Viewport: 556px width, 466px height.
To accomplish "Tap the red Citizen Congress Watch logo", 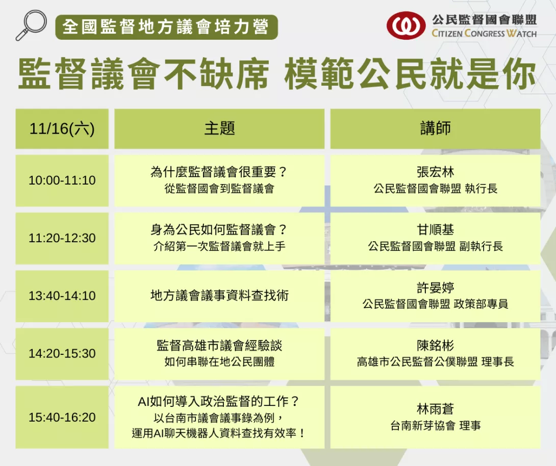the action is tap(406, 25).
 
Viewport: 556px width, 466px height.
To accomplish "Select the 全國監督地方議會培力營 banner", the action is tap(166, 27).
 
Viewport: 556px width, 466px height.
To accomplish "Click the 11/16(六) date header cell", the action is tap(62, 128).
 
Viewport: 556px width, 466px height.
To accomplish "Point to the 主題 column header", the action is tap(219, 128).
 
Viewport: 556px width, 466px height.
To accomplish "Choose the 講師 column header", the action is tap(436, 128).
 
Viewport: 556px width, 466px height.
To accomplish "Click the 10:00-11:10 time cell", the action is tap(62, 180).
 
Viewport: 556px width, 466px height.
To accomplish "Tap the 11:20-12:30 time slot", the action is tap(62, 238).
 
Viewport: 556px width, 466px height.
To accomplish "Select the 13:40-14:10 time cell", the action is tap(62, 296).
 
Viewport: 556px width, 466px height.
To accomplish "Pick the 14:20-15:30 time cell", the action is tap(62, 354).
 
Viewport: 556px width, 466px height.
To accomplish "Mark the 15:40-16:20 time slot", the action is tap(62, 418).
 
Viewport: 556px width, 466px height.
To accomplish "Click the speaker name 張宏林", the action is tap(436, 172).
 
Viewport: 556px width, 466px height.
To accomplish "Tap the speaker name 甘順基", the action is tap(436, 230).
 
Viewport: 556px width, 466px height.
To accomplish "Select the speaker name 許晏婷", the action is tap(436, 288).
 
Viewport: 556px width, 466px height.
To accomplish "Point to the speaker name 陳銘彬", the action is tap(436, 346).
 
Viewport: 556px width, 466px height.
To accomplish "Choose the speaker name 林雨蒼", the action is tap(436, 409).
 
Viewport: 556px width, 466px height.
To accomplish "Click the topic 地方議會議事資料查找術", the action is tap(219, 296).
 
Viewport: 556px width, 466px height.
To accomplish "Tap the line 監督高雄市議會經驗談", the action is tap(219, 346).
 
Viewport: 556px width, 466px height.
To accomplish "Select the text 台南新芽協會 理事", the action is tap(436, 426).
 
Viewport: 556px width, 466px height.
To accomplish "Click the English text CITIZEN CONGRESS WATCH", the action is tap(484, 33).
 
